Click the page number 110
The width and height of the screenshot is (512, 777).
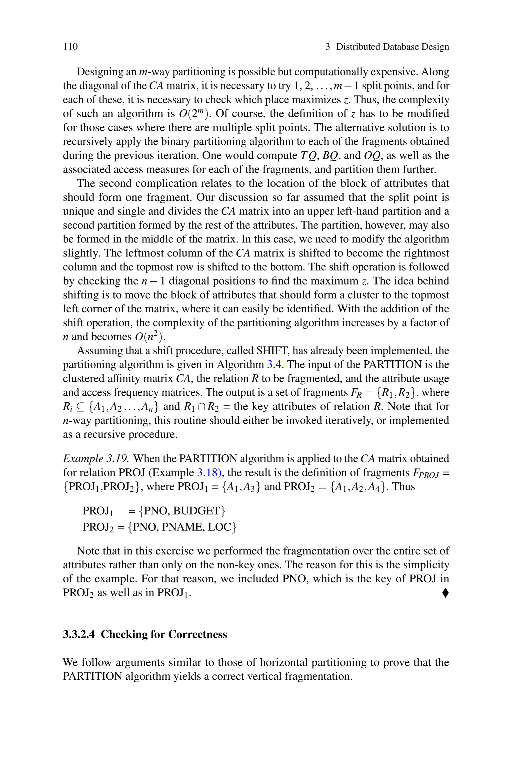pyautogui.click(x=70, y=47)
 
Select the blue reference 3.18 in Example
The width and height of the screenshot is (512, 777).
pyautogui.click(x=209, y=472)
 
